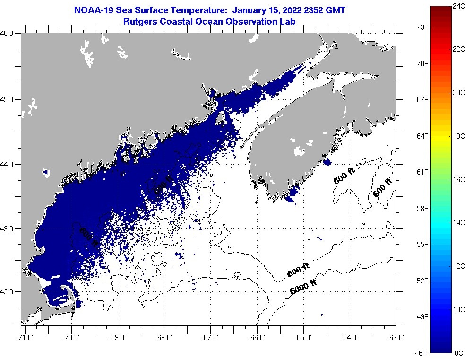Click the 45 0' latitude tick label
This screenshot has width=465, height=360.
point(9,99)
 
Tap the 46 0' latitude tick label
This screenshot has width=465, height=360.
point(9,34)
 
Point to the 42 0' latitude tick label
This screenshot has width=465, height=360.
point(9,292)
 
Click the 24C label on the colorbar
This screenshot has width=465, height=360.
point(458,6)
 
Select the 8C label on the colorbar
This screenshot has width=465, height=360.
point(458,353)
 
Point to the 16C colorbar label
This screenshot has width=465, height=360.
point(458,180)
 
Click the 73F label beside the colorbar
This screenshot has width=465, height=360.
point(422,27)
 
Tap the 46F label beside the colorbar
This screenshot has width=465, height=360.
point(422,353)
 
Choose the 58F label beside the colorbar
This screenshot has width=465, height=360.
point(422,208)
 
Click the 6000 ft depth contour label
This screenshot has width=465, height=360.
point(302,287)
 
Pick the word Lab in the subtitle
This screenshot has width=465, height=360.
point(288,21)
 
